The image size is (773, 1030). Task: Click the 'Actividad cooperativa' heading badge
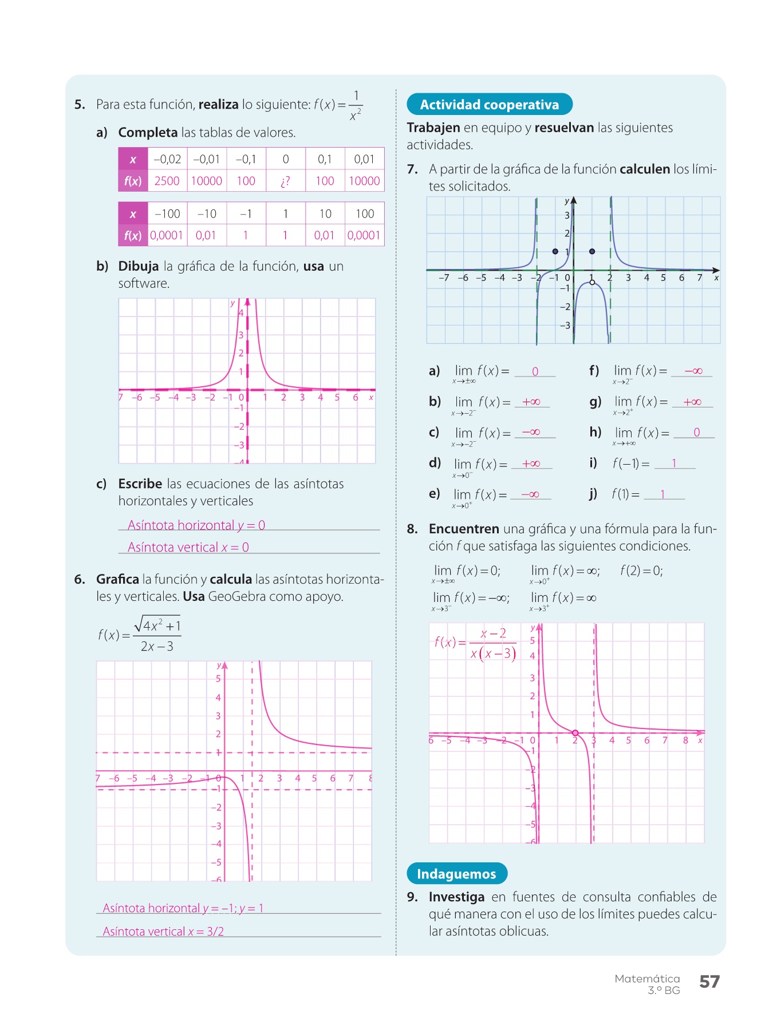tap(489, 104)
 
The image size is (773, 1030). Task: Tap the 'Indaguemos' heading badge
tap(456, 874)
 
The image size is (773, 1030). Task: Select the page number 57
tap(709, 981)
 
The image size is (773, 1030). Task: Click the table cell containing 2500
tap(167, 181)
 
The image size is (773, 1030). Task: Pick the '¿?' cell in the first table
tap(285, 181)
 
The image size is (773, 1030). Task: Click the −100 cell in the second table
tap(167, 214)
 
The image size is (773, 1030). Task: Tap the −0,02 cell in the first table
tap(167, 159)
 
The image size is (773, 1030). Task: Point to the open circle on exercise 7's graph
tap(592, 282)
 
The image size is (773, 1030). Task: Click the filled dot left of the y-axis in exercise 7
tap(555, 251)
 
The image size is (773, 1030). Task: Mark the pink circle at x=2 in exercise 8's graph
tap(575, 733)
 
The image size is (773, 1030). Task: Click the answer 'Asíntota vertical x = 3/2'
tap(163, 932)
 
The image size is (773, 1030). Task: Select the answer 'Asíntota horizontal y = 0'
tap(196, 525)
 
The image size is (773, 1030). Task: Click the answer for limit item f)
tap(693, 371)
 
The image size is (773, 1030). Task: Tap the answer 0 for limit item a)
tap(535, 371)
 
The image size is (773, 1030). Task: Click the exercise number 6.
tap(80, 579)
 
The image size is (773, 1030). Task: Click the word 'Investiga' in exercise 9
tap(456, 897)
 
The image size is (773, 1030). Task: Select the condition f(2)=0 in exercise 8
tap(641, 571)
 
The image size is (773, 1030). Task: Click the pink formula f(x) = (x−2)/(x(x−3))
tap(476, 643)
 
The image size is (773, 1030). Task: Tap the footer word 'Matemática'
tap(647, 978)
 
